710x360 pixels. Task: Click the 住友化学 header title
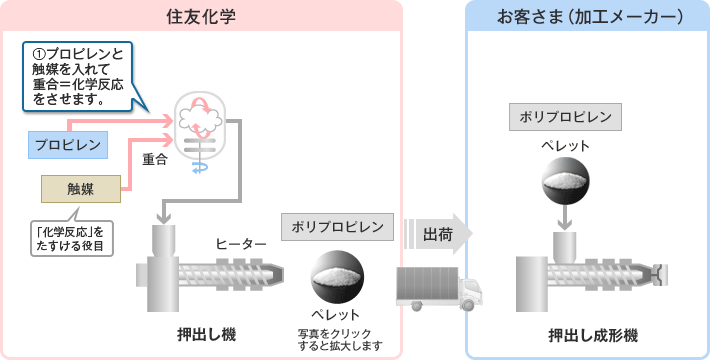201,16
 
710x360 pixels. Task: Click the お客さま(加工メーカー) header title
590,16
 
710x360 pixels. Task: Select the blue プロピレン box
68,145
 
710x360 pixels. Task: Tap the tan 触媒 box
81,189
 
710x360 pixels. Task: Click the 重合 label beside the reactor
155,159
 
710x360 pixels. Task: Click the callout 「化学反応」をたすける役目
71,237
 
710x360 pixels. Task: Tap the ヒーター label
240,244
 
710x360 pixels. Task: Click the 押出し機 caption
206,335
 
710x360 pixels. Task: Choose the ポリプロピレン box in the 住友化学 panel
337,227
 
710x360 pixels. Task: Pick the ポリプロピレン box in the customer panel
565,117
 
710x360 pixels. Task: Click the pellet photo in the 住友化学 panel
337,277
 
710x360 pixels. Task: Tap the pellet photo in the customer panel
566,178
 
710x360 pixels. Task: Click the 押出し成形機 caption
593,336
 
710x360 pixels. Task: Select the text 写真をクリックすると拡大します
340,340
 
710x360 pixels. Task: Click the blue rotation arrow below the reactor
200,168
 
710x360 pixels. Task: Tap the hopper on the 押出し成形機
565,246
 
